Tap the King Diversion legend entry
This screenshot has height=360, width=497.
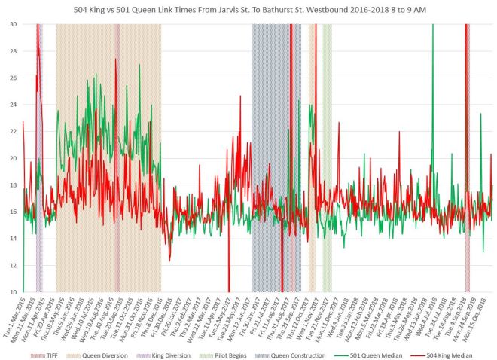[157, 355]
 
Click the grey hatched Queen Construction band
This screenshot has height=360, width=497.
[276, 151]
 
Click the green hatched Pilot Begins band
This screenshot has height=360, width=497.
[328, 151]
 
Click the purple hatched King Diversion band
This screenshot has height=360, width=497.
[40, 151]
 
